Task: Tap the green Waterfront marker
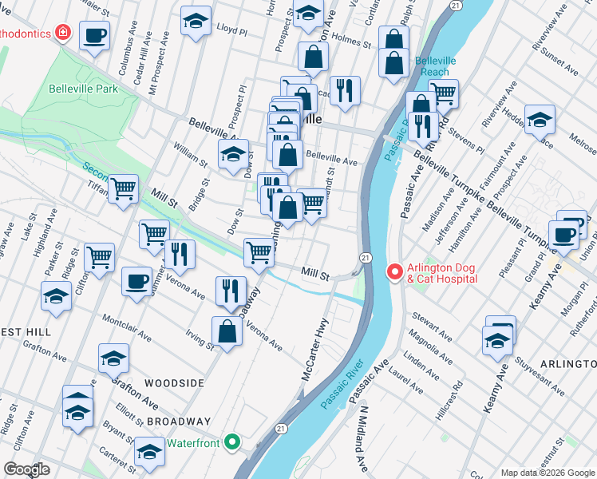(x=232, y=441)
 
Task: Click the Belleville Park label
(x=83, y=89)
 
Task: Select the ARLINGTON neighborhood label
(x=567, y=364)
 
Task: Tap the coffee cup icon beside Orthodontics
(x=94, y=36)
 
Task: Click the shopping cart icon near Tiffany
(x=124, y=190)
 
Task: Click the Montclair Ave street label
(x=127, y=326)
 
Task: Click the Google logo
(x=26, y=469)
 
